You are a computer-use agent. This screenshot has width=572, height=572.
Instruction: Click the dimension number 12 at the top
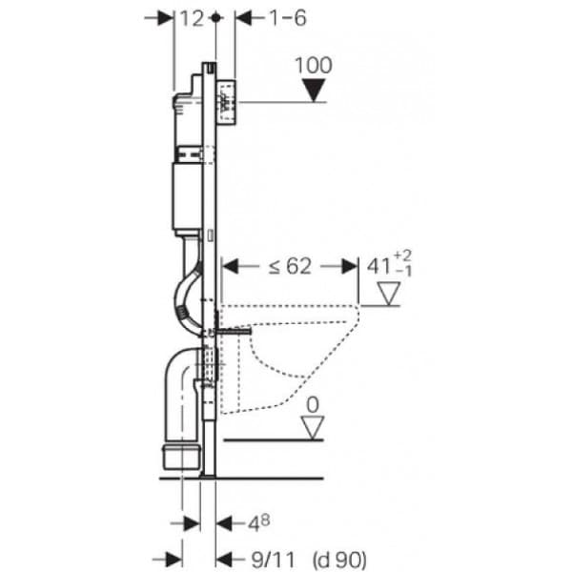192,18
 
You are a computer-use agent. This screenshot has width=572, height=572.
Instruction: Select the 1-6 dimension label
288,18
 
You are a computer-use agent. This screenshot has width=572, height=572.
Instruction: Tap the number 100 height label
314,65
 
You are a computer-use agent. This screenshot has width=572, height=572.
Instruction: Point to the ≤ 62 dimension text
291,266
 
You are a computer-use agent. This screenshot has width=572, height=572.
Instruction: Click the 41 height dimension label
378,266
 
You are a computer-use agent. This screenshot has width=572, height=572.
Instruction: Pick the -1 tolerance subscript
403,271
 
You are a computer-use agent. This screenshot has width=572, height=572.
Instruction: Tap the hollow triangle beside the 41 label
389,294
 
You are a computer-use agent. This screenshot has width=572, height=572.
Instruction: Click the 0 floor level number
313,405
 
